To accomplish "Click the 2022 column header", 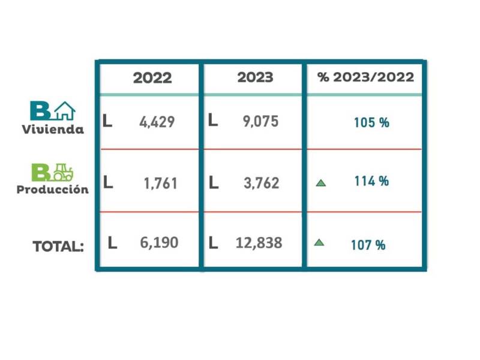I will [152, 78].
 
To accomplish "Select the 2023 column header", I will [255, 77].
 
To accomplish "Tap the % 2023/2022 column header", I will [365, 77].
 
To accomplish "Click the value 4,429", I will [157, 122].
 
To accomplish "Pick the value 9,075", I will [260, 122].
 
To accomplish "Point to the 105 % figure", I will [371, 122].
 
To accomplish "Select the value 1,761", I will [160, 183].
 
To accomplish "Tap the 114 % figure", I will [371, 181].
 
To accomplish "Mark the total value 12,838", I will [259, 243].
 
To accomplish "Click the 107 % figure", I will [368, 245].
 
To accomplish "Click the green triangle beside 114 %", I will [320, 182].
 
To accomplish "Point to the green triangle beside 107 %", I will [319, 243].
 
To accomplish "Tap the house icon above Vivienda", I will [64, 111].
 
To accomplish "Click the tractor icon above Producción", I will [62, 173].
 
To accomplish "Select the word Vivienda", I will [53, 130].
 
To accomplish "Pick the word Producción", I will [53, 190].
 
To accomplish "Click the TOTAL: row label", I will [58, 246].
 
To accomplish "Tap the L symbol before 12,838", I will [213, 243].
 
